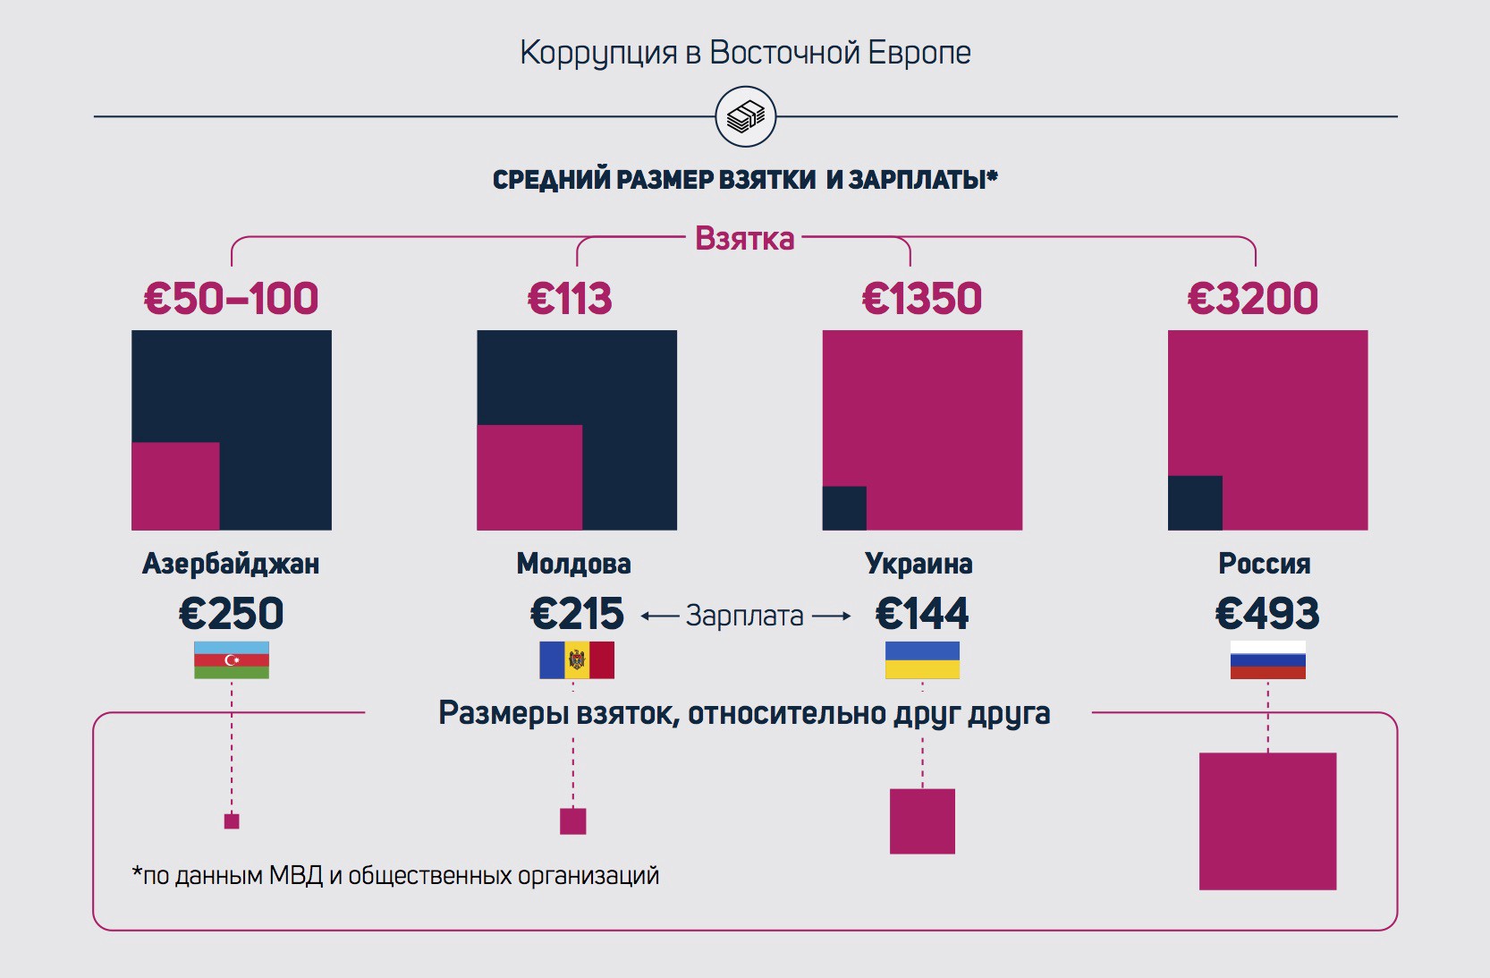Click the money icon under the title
(x=745, y=116)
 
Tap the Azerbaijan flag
(x=232, y=660)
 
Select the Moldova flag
(x=577, y=660)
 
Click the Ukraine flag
(x=922, y=660)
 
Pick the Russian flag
(x=1267, y=660)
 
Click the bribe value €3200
(x=1252, y=299)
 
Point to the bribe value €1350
(x=921, y=299)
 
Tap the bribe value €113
(x=570, y=299)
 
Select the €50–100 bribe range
(x=231, y=299)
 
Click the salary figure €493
(x=1266, y=614)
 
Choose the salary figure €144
(x=921, y=614)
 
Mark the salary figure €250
(x=231, y=614)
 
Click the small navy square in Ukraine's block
(x=844, y=508)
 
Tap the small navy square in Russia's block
(x=1195, y=503)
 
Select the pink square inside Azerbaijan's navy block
(x=175, y=486)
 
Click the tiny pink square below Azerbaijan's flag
(x=232, y=821)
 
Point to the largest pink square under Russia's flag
(x=1267, y=821)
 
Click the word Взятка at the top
(x=744, y=239)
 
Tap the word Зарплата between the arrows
(x=744, y=616)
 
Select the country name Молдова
(x=573, y=564)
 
